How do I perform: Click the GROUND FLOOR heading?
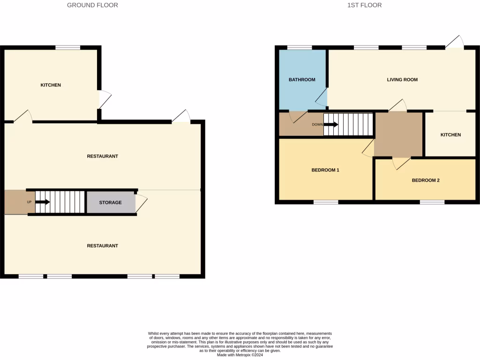[x=92, y=5]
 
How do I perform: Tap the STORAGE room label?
[x=110, y=202]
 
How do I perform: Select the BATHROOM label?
[x=302, y=80]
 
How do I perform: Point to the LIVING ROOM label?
[x=402, y=80]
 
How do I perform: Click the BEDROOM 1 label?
[x=325, y=170]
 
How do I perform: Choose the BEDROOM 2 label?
[x=426, y=180]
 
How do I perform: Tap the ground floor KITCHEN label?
[x=51, y=85]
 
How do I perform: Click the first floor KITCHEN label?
[x=450, y=135]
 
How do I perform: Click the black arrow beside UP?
[x=43, y=202]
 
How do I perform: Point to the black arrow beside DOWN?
[x=331, y=125]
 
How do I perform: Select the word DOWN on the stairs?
[x=317, y=125]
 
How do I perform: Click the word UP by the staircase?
[x=29, y=202]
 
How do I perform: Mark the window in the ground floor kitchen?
[x=67, y=47]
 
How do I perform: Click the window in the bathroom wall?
[x=300, y=47]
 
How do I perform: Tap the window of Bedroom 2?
[x=432, y=202]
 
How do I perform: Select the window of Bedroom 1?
[x=326, y=202]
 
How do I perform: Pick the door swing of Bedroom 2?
[x=400, y=163]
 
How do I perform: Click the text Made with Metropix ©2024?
[x=240, y=355]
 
